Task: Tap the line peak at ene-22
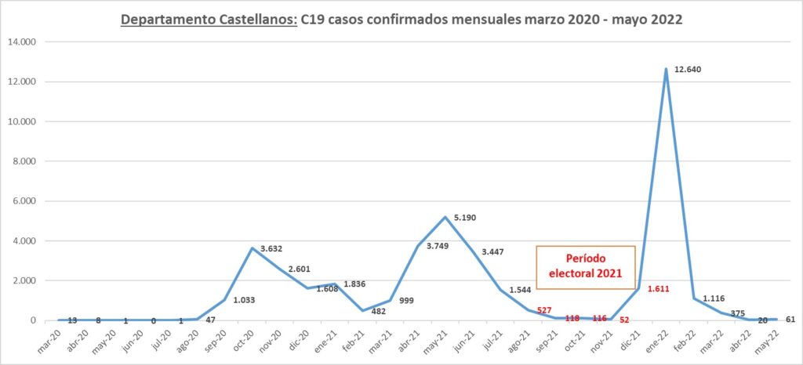click(667, 69)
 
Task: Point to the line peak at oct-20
click(252, 248)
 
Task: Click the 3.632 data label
click(275, 248)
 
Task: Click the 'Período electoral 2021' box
click(585, 267)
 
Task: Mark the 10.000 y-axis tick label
click(27, 121)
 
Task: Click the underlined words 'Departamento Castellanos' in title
click(209, 21)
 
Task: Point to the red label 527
click(544, 311)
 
